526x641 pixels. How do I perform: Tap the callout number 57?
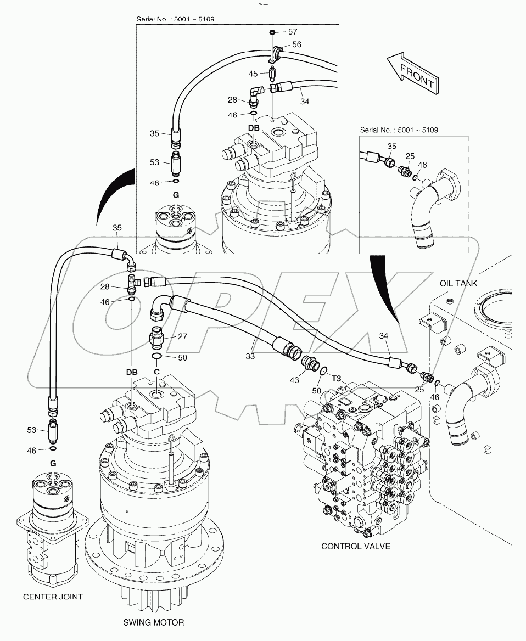[293, 32]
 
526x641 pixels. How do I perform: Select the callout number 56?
[296, 44]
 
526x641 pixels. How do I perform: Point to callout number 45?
[253, 74]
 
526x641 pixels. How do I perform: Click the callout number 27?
[182, 336]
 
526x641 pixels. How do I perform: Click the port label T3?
[337, 378]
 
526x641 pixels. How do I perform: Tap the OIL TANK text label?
[458, 283]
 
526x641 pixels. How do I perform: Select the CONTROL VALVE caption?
[355, 546]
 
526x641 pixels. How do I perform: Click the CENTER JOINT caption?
[54, 597]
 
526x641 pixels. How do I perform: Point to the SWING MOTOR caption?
[154, 622]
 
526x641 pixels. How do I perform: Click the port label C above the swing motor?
[156, 372]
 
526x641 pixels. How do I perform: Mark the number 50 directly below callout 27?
[182, 357]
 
